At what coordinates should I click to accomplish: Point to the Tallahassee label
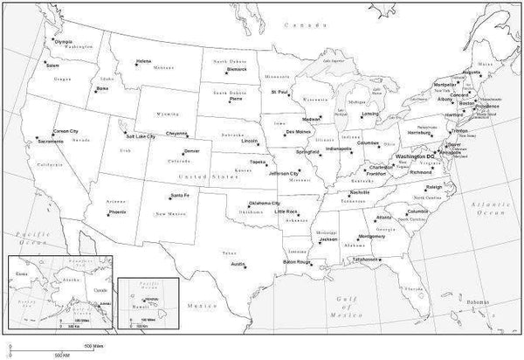coord(367,260)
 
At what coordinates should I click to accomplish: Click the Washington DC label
coord(416,156)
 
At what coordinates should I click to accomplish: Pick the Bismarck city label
coord(237,69)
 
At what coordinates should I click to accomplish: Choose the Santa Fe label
coord(182,194)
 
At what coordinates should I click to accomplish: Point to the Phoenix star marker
coord(109,209)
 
